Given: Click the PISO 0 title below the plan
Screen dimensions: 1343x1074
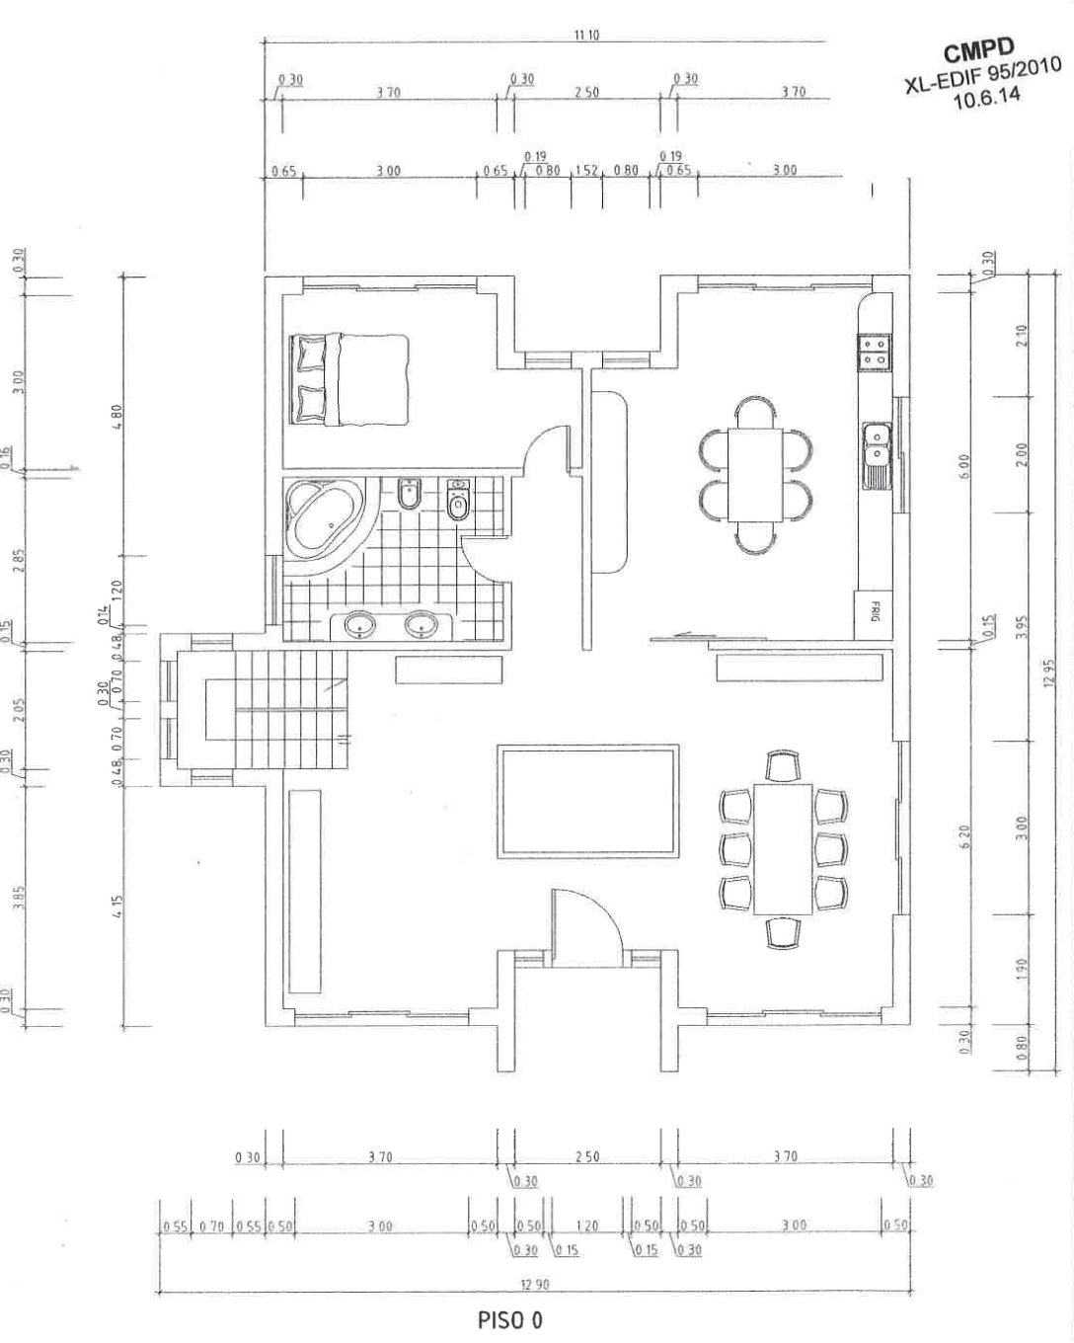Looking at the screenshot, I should [509, 1320].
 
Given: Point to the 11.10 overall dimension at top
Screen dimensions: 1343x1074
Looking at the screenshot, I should [586, 36].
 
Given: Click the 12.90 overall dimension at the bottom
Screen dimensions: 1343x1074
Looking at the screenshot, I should [534, 1285].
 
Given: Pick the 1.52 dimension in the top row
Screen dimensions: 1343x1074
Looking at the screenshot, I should [586, 171].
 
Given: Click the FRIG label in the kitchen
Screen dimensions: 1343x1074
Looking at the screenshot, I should [874, 612].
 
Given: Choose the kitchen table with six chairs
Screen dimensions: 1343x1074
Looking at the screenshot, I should [755, 474].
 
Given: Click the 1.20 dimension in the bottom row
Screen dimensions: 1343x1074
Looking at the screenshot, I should [586, 1226].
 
